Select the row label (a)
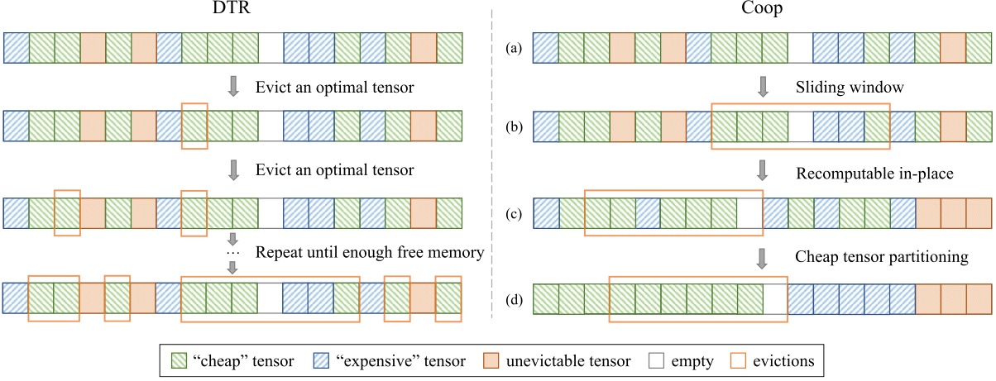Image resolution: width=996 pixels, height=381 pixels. coord(513,48)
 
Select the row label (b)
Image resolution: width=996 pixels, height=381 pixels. coord(513,127)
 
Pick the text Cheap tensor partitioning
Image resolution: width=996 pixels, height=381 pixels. coord(881,257)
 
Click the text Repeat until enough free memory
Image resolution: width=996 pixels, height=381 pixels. coord(370,252)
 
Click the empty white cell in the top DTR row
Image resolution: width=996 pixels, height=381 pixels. coord(270,47)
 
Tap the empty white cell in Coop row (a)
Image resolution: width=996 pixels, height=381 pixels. coord(799,47)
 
